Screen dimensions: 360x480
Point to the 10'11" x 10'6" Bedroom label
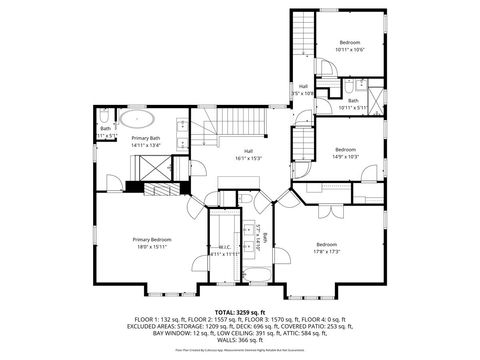pyautogui.click(x=349, y=42)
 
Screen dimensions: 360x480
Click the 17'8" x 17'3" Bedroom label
pyautogui.click(x=327, y=245)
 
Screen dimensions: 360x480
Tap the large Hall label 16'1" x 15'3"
pyautogui.click(x=248, y=151)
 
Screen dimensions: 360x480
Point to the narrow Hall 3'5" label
pyautogui.click(x=303, y=87)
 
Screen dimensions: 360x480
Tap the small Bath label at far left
pyautogui.click(x=105, y=128)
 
